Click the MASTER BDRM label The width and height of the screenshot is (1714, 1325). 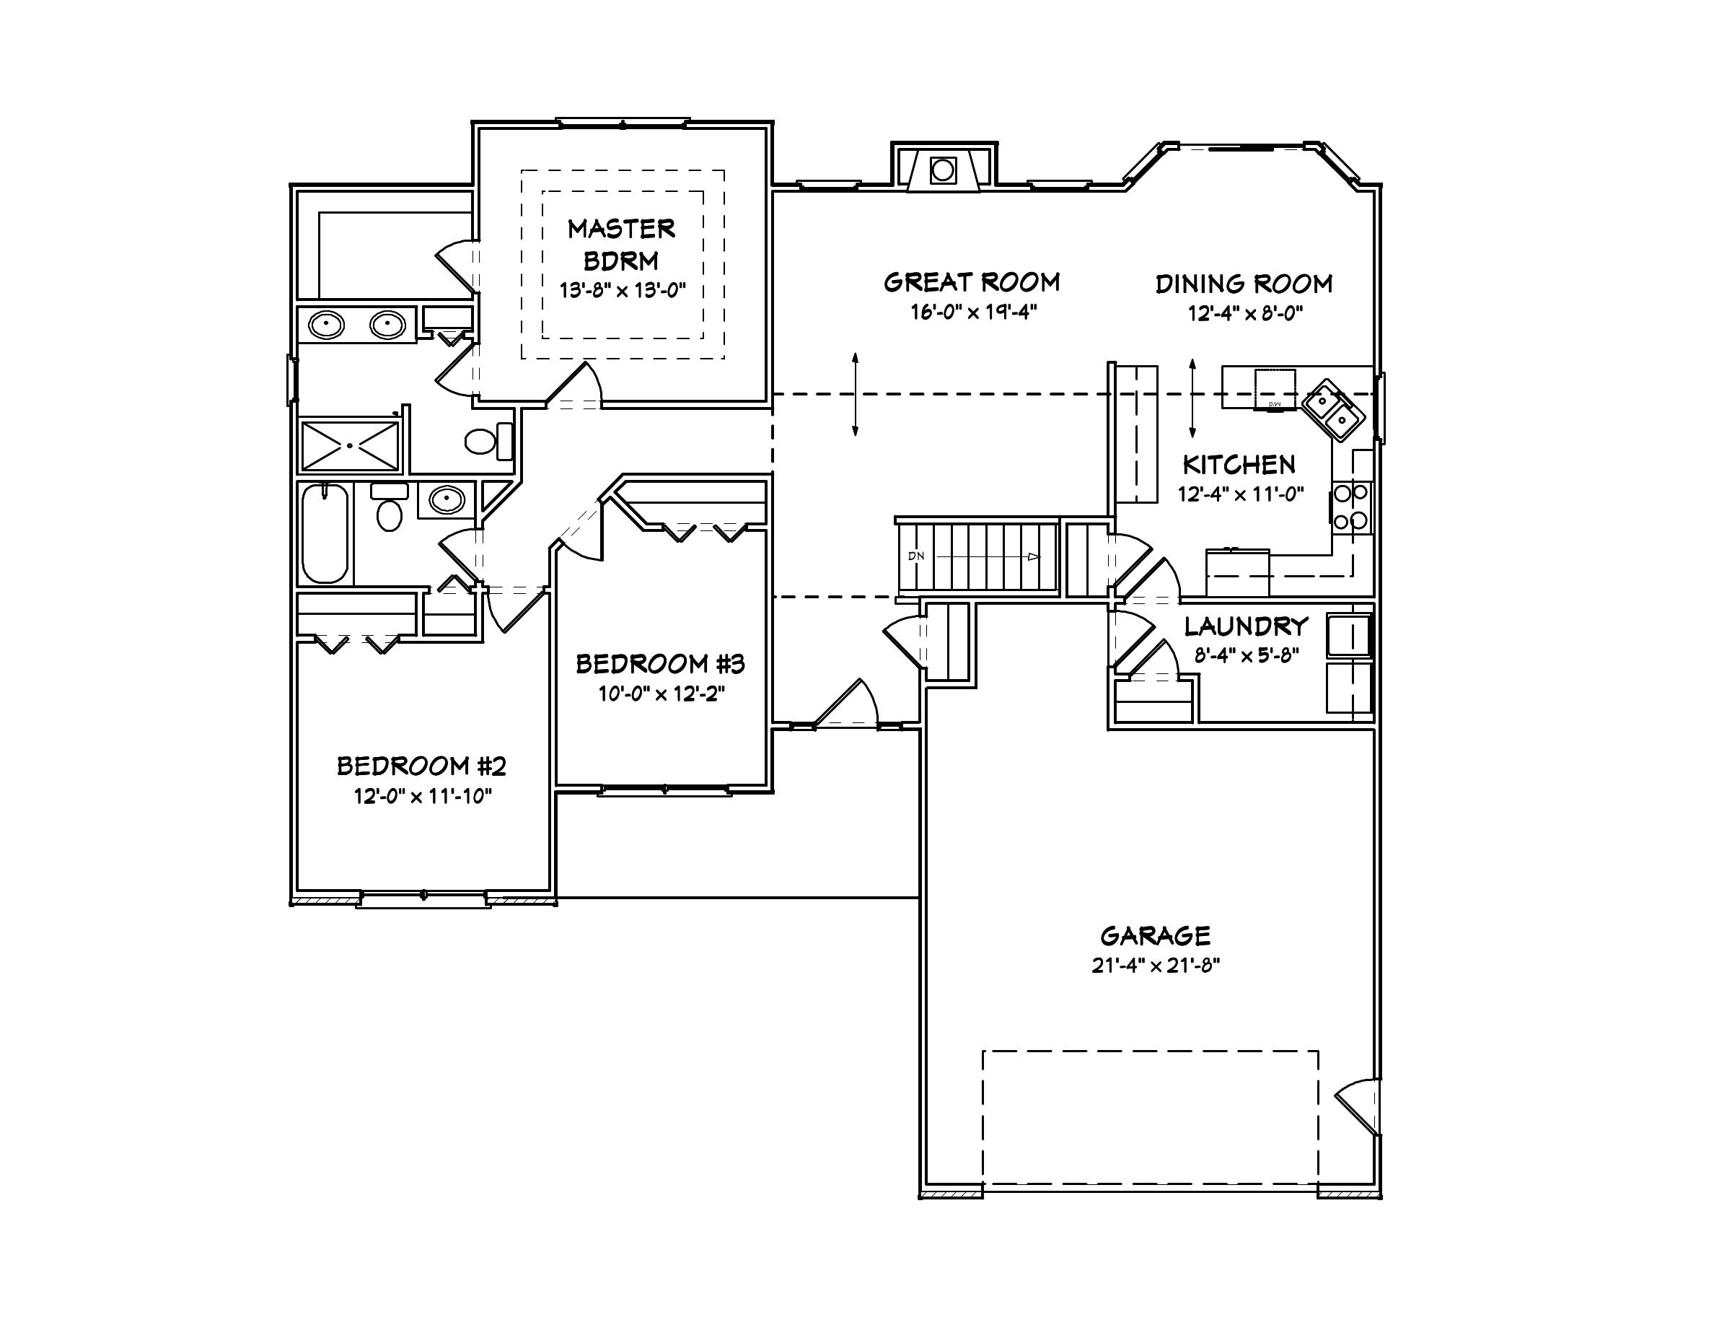[x=621, y=244]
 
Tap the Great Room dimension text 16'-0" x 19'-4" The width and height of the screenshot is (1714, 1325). [x=973, y=312]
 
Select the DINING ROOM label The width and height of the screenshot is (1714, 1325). [x=1244, y=284]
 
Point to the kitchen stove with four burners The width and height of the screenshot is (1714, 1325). [x=1350, y=507]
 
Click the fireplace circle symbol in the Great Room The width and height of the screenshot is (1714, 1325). [x=943, y=170]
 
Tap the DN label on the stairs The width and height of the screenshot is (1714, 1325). [x=916, y=556]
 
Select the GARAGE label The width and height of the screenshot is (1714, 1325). [x=1154, y=936]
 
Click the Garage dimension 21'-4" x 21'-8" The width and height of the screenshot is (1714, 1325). [x=1154, y=966]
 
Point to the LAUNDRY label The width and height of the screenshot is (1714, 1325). [x=1247, y=626]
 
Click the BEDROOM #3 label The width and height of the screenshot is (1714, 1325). [x=660, y=664]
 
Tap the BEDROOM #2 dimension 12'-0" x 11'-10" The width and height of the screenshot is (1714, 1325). [x=422, y=797]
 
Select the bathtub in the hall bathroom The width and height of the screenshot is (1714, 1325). [x=325, y=534]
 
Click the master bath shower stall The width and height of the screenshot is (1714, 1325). [x=350, y=447]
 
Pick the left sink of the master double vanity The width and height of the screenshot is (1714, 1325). [x=327, y=324]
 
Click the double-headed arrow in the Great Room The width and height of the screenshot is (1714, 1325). [x=855, y=394]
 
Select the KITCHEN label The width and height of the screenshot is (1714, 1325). [x=1239, y=465]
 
